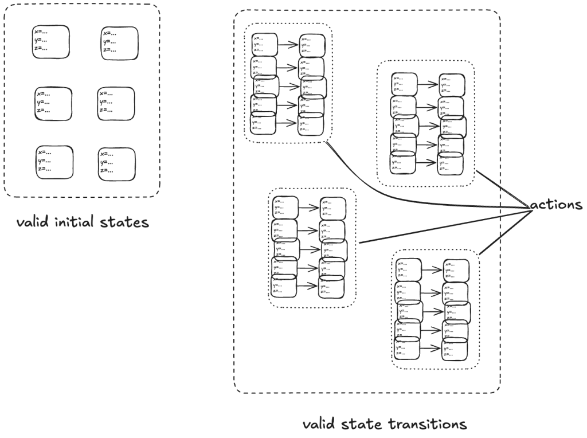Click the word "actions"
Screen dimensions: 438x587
click(557, 205)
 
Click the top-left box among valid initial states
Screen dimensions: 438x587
click(50, 41)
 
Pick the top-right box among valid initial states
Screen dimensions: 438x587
click(120, 42)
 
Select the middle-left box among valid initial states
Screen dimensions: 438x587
click(53, 103)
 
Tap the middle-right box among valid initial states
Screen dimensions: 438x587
click(116, 103)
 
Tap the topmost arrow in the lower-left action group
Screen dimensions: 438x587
click(310, 208)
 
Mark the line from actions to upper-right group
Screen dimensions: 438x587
click(500, 188)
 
